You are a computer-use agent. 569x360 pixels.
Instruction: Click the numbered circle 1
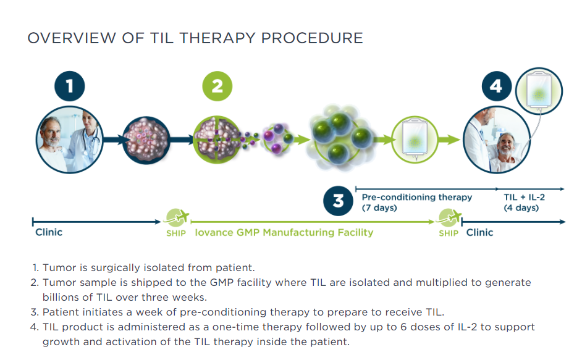pos(69,86)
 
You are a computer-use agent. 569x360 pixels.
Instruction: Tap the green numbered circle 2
pos(217,86)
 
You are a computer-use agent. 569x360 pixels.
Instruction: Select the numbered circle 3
pos(339,201)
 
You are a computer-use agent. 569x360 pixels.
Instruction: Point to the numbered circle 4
pos(495,86)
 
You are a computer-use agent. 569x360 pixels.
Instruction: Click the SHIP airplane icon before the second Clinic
pos(449,218)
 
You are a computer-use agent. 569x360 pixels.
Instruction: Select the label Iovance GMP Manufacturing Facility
pos(284,233)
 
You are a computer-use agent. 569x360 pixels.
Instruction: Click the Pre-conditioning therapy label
pos(416,197)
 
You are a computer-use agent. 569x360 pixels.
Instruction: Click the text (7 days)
pos(379,208)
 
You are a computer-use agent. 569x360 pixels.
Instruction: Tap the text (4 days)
pos(521,208)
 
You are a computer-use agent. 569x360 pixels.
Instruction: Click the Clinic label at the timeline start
pos(49,232)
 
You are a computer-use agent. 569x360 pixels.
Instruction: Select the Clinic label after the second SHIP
pos(479,233)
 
